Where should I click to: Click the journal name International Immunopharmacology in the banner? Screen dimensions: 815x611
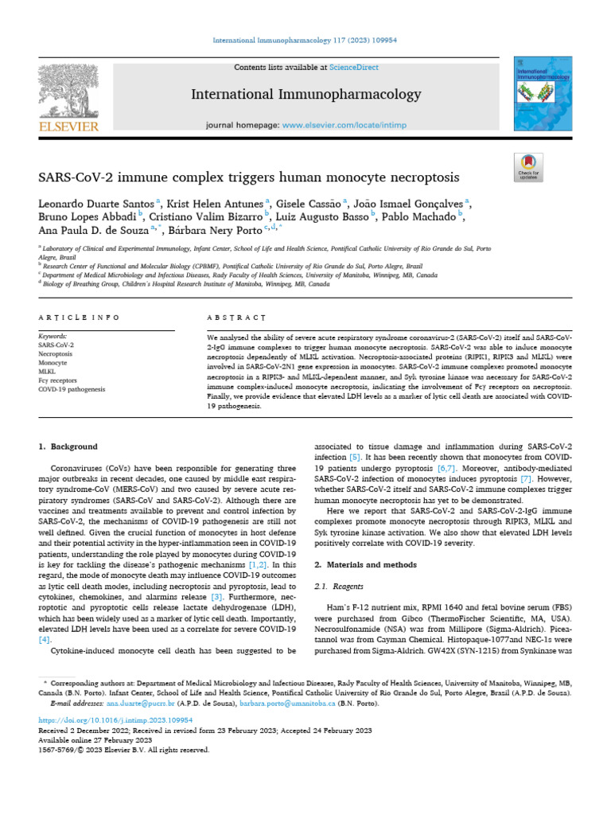(306, 96)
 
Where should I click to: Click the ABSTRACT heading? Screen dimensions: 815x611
(236, 317)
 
